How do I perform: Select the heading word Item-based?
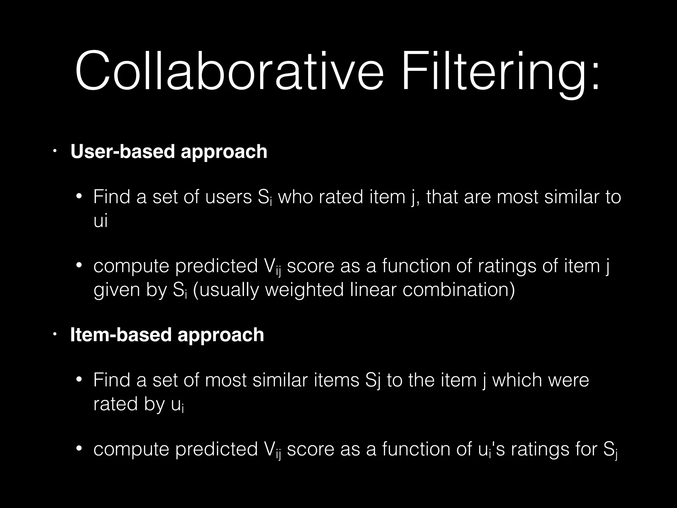click(x=121, y=335)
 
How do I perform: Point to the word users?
click(x=228, y=197)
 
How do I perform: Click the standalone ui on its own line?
click(x=100, y=221)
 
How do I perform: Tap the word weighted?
click(x=304, y=290)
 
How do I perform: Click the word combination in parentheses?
click(x=458, y=290)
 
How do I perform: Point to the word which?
click(x=517, y=380)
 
